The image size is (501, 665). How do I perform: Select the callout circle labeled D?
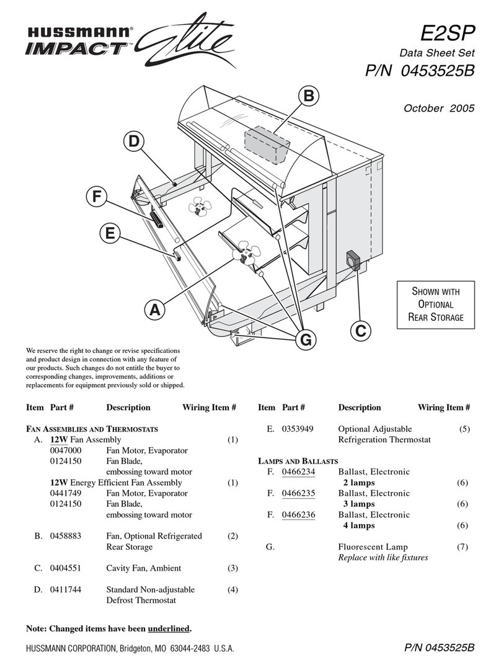click(133, 141)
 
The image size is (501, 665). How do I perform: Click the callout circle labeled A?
click(156, 308)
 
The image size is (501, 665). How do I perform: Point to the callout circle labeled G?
click(304, 339)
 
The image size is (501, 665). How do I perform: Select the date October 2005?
click(439, 107)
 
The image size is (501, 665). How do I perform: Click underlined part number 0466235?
click(299, 493)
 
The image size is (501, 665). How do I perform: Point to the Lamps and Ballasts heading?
click(298, 461)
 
